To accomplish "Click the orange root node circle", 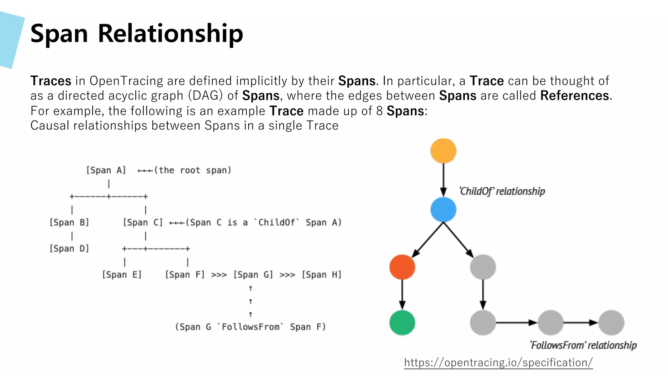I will pyautogui.click(x=443, y=151).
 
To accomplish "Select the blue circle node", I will pyautogui.click(x=443, y=210).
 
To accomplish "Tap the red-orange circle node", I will pyautogui.click(x=402, y=267).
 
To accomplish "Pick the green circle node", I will pyautogui.click(x=402, y=322).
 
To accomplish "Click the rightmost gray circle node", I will pyautogui.click(x=611, y=322).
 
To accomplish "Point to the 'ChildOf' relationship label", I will pyautogui.click(x=502, y=191).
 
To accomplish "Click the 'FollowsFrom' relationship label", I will pyautogui.click(x=583, y=345).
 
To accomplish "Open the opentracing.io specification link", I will pyautogui.click(x=498, y=363).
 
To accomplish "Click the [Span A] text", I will pyautogui.click(x=106, y=170).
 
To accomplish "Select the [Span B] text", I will pyautogui.click(x=69, y=223).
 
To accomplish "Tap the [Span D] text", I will pyautogui.click(x=69, y=249).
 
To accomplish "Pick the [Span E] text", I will pyautogui.click(x=122, y=275).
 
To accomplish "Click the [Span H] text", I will pyautogui.click(x=322, y=275).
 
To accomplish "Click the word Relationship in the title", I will pyautogui.click(x=170, y=34).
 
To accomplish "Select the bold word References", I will pyautogui.click(x=574, y=96).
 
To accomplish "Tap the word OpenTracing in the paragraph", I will pyautogui.click(x=126, y=81).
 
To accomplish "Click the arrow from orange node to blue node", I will pyautogui.click(x=443, y=180).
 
